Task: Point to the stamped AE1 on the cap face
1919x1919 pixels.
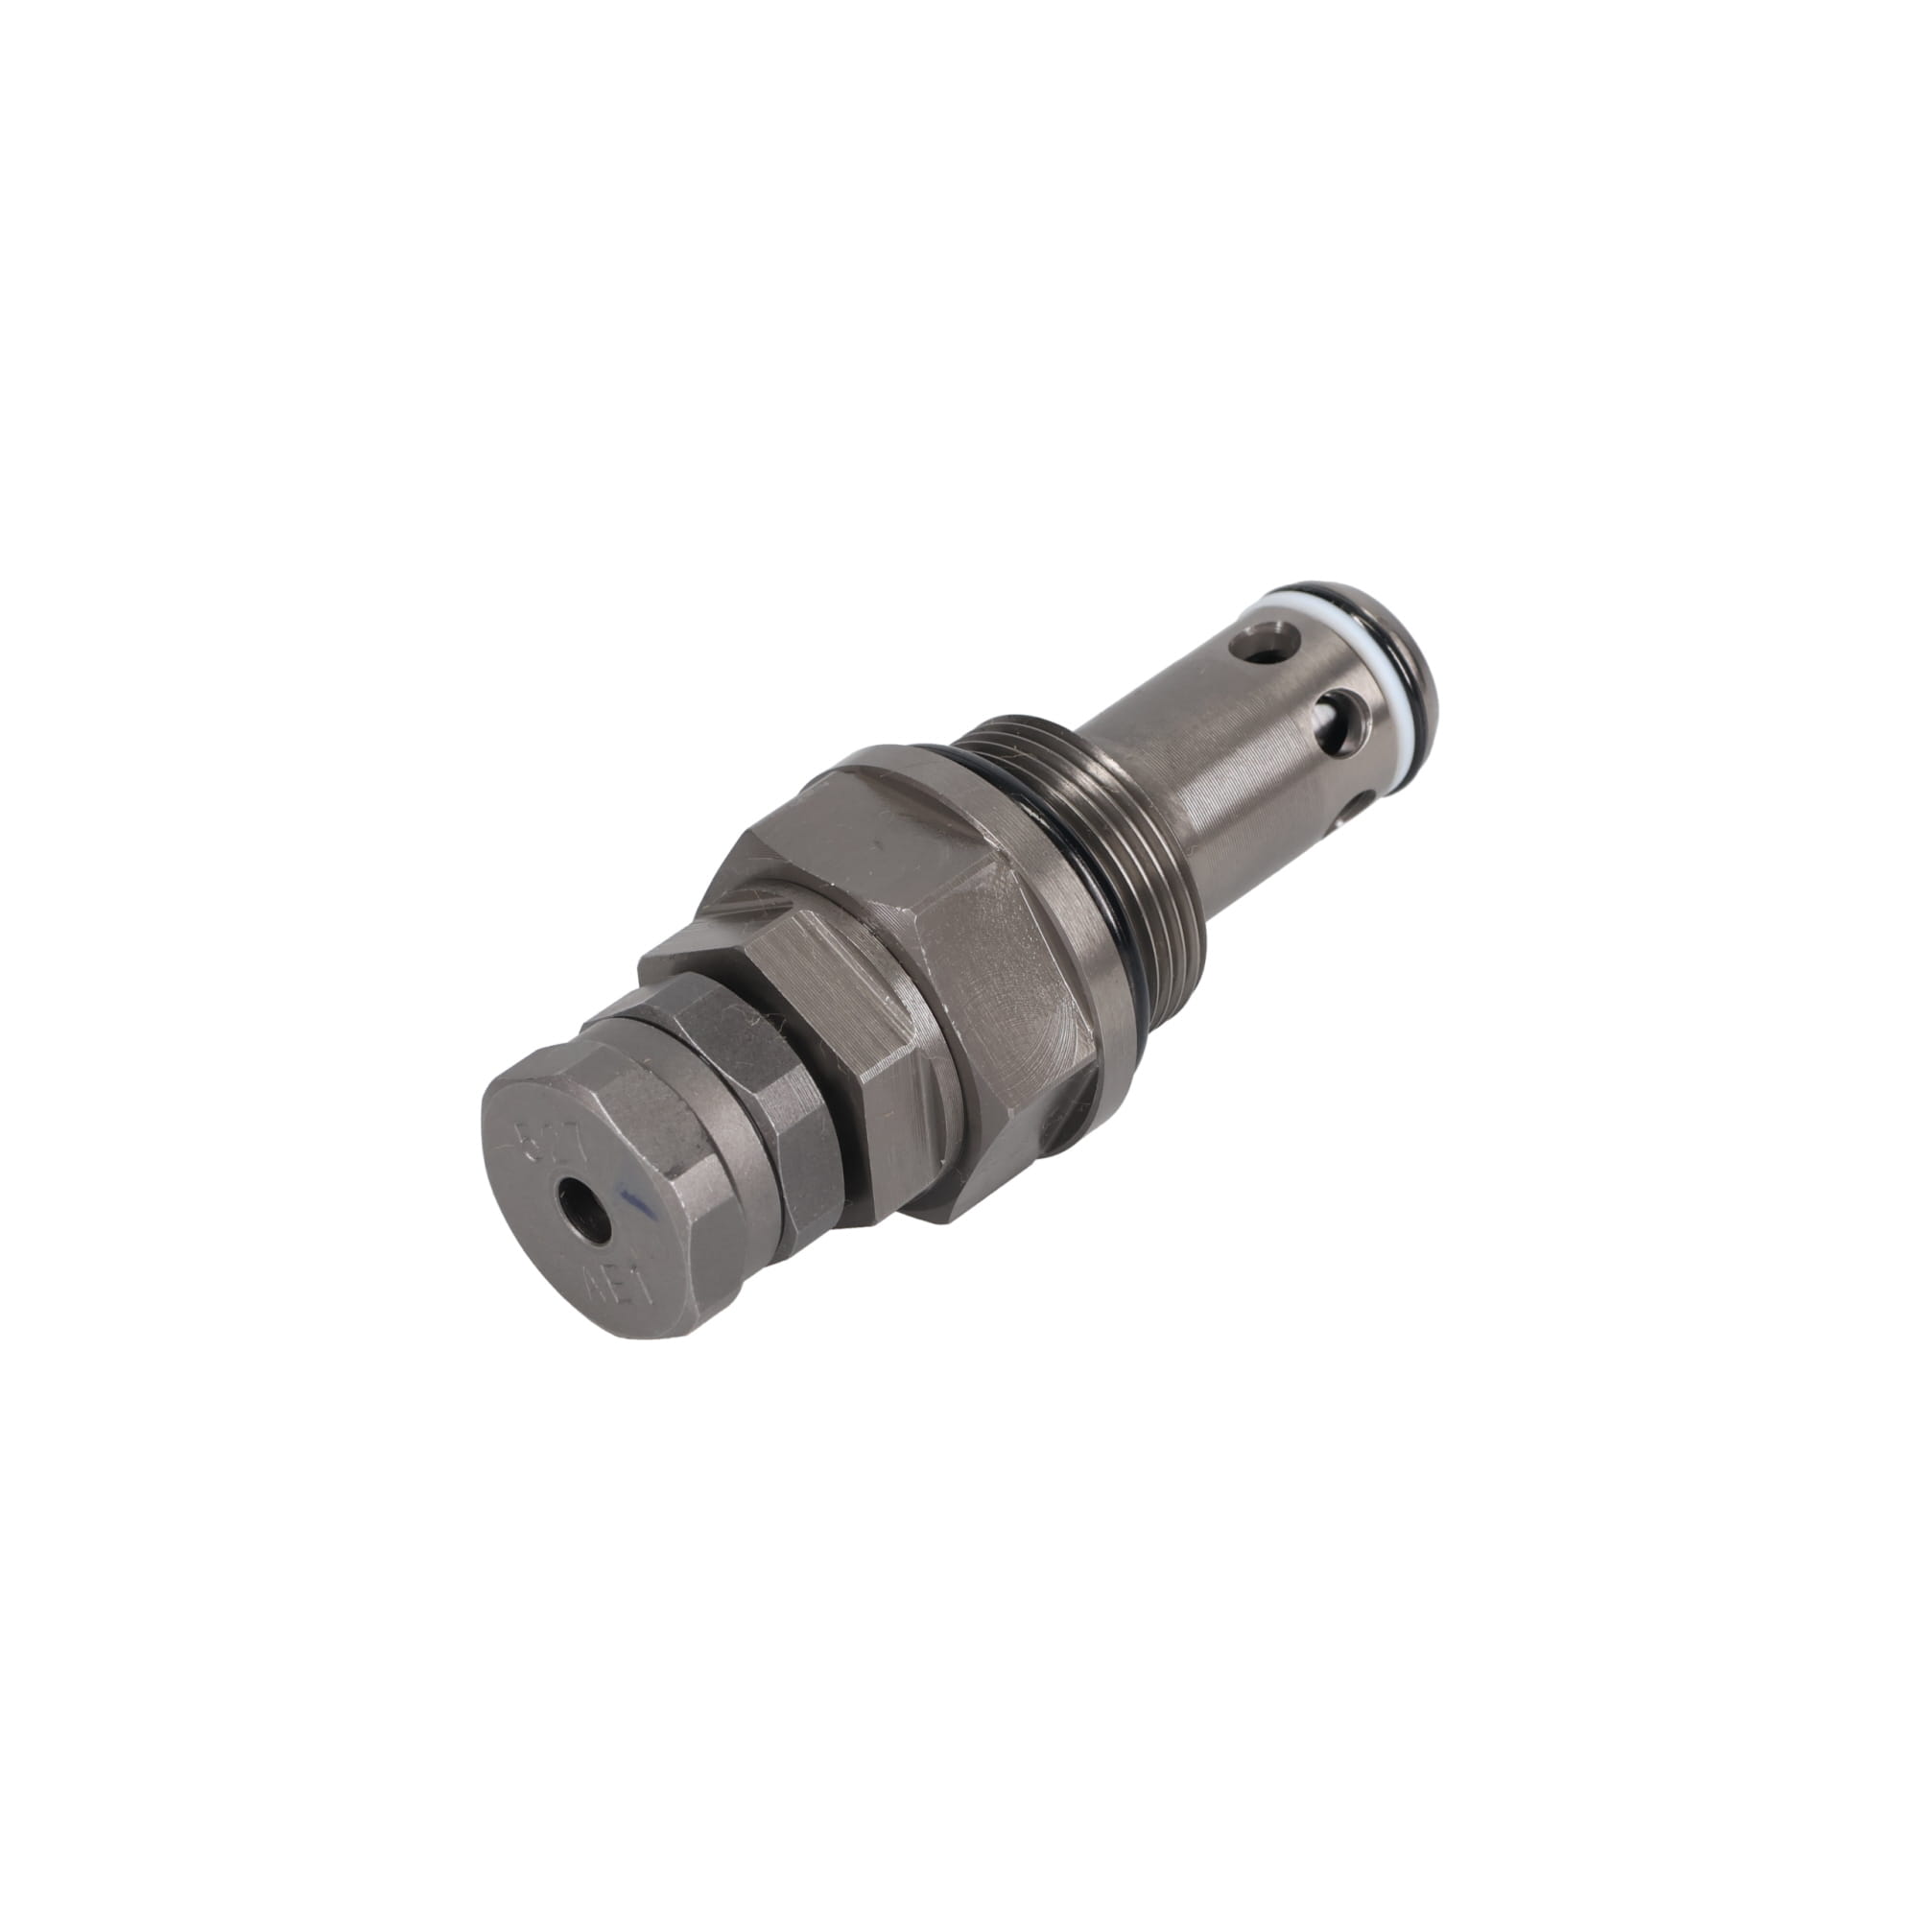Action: pyautogui.click(x=633, y=1280)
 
